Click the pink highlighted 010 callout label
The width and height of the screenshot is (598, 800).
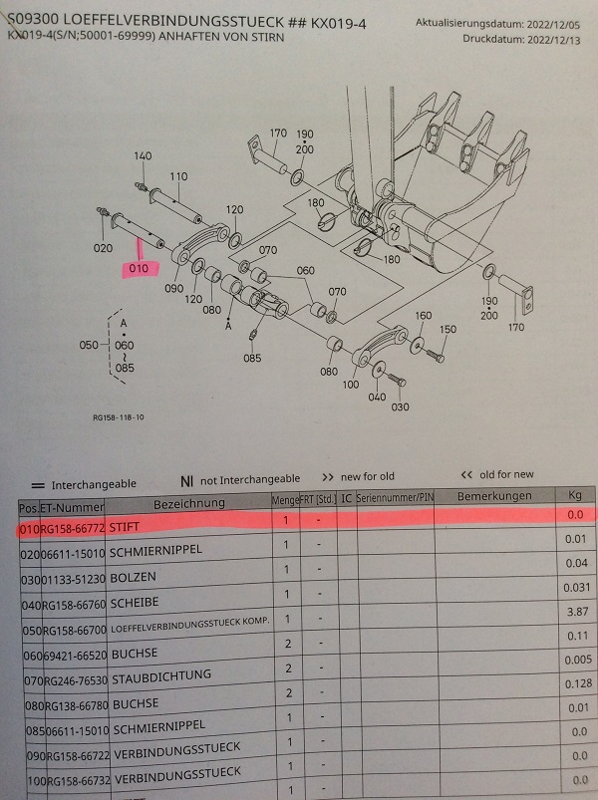138,268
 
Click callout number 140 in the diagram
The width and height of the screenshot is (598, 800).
144,156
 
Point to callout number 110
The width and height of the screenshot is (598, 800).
178,176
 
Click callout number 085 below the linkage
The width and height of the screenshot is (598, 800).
252,358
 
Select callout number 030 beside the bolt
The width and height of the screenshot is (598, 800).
401,405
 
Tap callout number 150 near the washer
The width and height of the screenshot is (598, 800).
448,330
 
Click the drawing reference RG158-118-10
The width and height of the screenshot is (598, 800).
117,418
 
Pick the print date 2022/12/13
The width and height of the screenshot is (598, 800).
556,39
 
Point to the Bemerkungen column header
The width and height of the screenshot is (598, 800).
493,495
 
